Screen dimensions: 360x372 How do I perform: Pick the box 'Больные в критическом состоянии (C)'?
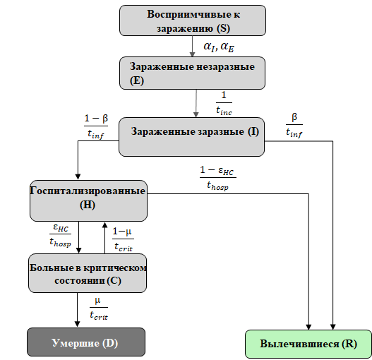[x=88, y=272]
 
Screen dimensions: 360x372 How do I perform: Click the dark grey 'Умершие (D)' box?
[x=86, y=343]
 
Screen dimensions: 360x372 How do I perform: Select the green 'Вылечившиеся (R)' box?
[x=308, y=343]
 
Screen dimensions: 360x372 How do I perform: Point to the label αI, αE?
[x=220, y=47]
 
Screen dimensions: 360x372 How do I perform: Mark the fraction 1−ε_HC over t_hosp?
[x=217, y=179]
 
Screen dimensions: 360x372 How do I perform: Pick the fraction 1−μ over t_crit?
[x=122, y=238]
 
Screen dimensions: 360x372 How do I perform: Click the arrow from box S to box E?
[x=192, y=46]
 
